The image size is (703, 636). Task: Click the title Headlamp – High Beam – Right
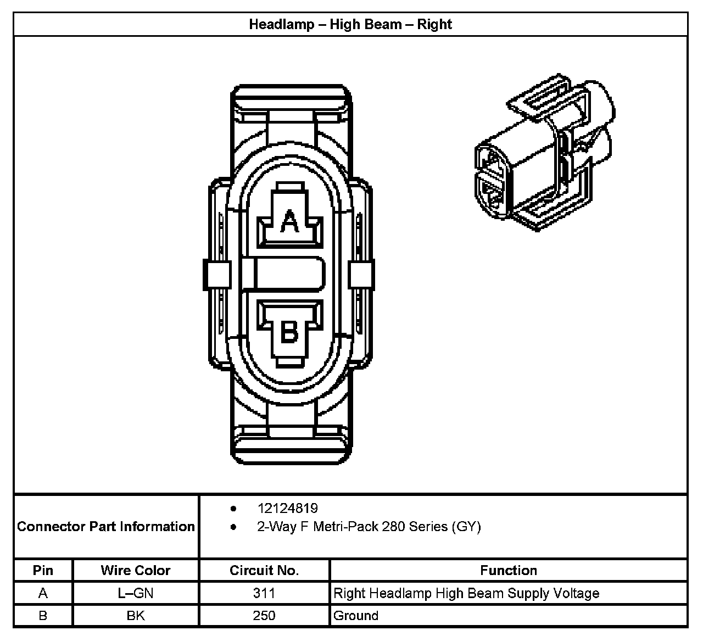click(x=350, y=25)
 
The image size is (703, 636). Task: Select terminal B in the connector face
click(x=289, y=331)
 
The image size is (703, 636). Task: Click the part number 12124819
click(x=287, y=509)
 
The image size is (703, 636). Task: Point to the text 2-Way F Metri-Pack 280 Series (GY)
click(x=369, y=527)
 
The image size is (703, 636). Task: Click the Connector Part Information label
click(x=106, y=527)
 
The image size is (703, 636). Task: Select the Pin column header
click(x=43, y=570)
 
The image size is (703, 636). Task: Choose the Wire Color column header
click(x=136, y=570)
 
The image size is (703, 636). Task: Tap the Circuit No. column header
click(x=264, y=570)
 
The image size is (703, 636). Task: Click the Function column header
click(x=509, y=570)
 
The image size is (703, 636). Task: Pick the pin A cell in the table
click(x=43, y=593)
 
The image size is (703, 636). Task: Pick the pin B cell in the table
click(x=43, y=616)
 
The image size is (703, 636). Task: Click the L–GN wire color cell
click(x=136, y=593)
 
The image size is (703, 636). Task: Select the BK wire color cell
click(x=136, y=616)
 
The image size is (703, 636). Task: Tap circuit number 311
click(x=264, y=593)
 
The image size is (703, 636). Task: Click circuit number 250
click(x=264, y=616)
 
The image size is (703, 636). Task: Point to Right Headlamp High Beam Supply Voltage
click(x=466, y=593)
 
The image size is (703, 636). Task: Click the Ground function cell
click(x=356, y=616)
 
